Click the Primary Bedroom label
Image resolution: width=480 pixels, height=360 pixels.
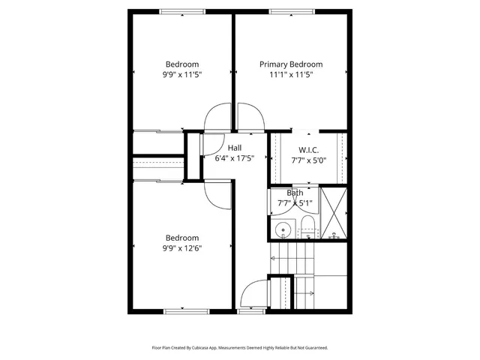click(291, 64)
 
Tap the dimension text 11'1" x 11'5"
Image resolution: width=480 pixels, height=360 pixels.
click(291, 75)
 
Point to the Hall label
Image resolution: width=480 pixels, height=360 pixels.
click(235, 148)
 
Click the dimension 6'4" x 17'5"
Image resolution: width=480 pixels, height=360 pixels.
click(235, 158)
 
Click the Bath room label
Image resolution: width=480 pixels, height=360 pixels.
click(295, 193)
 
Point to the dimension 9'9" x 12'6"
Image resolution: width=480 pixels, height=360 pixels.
click(183, 248)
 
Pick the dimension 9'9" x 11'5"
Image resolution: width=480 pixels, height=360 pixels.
click(183, 75)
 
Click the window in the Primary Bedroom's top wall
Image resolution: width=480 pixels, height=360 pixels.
click(292, 10)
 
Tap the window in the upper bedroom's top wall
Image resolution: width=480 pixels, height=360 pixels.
click(182, 10)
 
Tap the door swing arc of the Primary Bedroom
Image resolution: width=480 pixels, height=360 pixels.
click(250, 116)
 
